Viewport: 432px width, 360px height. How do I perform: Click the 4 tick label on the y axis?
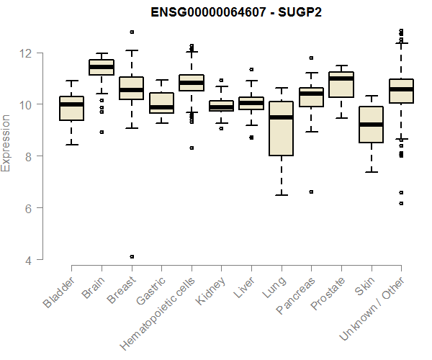click(32, 260)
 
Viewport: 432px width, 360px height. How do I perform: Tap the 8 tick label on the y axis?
click(32, 156)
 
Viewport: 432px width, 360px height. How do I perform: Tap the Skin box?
click(371, 125)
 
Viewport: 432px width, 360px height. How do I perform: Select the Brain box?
click(101, 67)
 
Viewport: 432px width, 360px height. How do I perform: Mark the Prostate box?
click(341, 84)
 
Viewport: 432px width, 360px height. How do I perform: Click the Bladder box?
click(71, 108)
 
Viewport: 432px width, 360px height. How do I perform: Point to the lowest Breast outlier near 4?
click(132, 256)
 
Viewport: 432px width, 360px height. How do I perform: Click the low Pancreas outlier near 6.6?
click(310, 192)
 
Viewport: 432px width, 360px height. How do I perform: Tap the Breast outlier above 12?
click(132, 32)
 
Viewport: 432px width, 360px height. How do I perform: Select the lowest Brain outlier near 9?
click(102, 132)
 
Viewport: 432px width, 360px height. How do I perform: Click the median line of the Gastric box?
click(161, 107)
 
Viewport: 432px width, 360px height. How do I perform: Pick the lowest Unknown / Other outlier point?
click(401, 204)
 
